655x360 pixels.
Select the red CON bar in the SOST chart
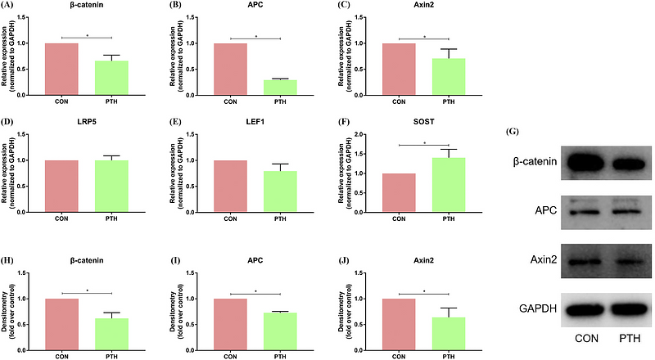tap(400, 193)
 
